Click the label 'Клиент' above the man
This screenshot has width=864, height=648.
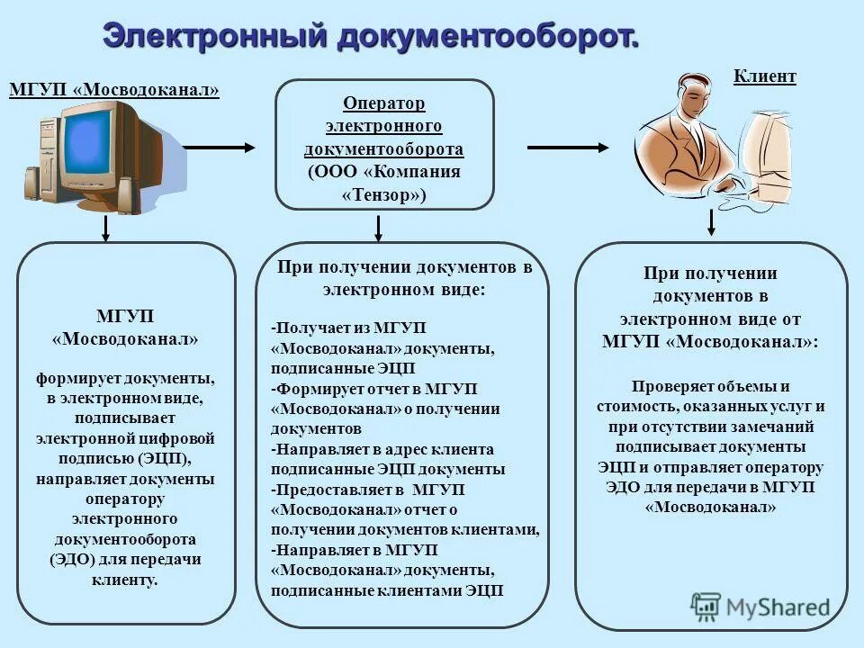point(764,76)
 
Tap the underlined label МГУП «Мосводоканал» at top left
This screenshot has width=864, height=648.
point(114,90)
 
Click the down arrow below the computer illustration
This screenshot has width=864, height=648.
point(106,228)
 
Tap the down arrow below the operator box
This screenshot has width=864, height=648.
point(378,228)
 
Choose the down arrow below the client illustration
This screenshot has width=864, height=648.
point(711,223)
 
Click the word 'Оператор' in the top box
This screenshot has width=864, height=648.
point(384,104)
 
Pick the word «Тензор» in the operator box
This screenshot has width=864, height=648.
point(384,194)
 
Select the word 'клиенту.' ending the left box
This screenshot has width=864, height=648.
point(125,580)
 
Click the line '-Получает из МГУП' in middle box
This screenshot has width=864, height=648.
point(348,328)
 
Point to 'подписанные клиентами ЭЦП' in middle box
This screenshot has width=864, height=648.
point(387,590)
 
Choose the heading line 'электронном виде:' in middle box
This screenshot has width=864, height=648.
point(403,290)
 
